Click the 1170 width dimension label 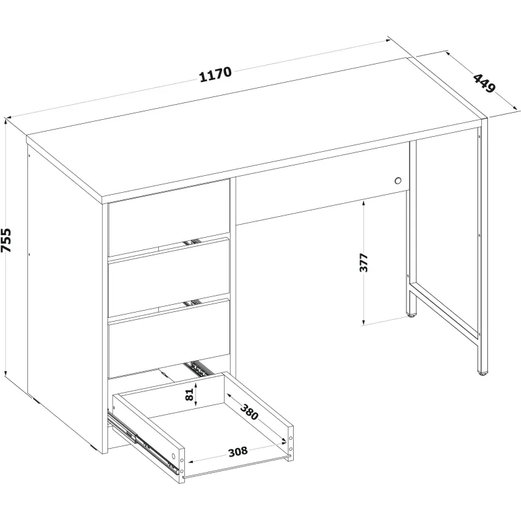[x=216, y=74]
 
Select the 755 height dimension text [x=7, y=240]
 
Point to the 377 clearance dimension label [x=364, y=262]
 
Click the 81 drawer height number [x=190, y=395]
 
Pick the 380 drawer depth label [x=249, y=412]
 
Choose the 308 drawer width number [x=238, y=452]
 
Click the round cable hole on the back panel [x=398, y=181]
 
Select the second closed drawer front [x=169, y=278]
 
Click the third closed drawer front [x=169, y=339]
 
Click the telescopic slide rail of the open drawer [x=143, y=442]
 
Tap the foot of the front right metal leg [x=482, y=373]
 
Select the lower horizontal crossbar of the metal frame [x=445, y=311]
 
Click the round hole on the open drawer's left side [x=173, y=456]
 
